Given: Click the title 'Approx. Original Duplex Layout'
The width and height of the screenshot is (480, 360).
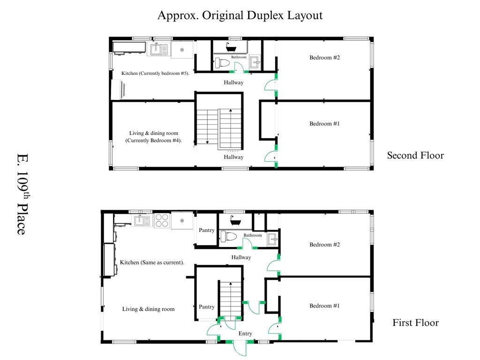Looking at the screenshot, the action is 240,15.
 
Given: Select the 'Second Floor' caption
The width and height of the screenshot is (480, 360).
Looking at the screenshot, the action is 415,155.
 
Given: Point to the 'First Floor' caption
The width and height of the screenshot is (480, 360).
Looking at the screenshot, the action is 415,322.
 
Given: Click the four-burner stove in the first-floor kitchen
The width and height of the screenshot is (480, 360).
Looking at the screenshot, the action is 162,220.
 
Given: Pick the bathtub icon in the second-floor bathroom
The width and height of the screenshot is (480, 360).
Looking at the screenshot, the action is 231,47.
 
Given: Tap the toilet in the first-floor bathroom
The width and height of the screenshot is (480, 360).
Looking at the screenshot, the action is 228,236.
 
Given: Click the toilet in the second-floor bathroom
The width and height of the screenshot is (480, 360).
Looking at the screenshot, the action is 222,63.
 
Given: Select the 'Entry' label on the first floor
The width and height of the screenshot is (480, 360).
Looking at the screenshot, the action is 245,333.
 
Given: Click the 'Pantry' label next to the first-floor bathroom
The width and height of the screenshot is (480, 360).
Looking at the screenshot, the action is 207,230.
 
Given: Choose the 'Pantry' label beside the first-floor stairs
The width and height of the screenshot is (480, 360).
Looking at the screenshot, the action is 207,307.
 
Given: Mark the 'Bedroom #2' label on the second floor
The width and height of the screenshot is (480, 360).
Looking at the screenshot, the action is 324,58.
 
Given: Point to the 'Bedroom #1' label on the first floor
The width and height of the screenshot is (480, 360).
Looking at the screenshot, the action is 324,306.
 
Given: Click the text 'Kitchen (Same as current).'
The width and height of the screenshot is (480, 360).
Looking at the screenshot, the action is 152,262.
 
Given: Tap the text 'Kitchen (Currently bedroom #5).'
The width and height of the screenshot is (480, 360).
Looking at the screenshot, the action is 155,74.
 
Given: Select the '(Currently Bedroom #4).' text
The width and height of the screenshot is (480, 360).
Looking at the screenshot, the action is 153,141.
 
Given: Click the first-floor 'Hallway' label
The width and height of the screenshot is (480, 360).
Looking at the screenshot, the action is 241,257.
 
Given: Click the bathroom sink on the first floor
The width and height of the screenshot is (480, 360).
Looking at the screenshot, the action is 272,240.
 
